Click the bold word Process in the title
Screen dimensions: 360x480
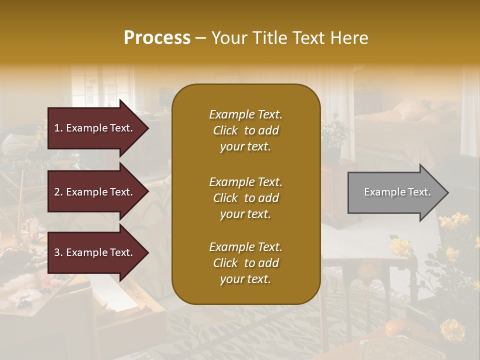pos(157,38)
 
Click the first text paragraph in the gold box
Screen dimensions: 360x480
pos(245,130)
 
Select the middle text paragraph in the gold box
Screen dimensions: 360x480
pos(245,198)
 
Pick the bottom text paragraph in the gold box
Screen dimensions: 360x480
pos(245,263)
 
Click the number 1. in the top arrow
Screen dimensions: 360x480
pos(58,128)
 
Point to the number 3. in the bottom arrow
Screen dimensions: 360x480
pos(58,252)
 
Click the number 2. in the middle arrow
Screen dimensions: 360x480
pos(58,192)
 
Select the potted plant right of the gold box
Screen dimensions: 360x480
pos(334,135)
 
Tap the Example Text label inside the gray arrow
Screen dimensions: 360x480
pos(397,192)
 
